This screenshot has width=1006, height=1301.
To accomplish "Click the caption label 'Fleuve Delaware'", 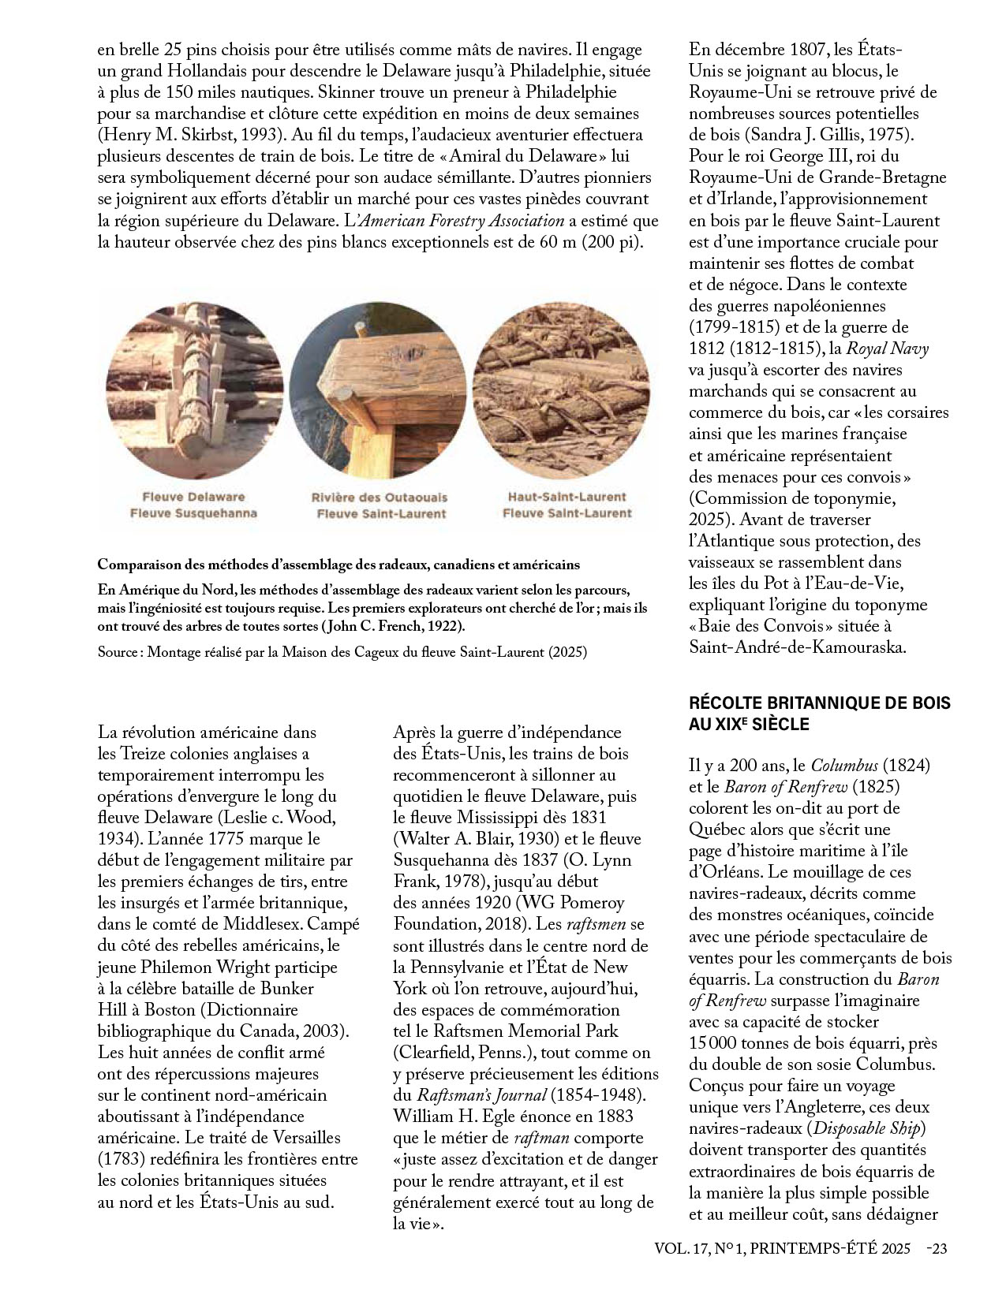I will (193, 497).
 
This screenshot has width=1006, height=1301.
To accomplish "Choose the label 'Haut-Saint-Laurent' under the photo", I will (567, 497).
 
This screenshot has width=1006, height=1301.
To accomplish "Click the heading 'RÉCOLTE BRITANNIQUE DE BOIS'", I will (820, 703).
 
